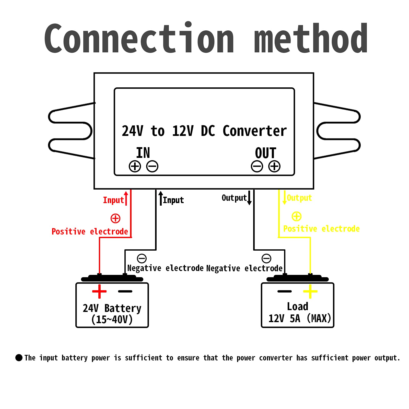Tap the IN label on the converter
pos(143,153)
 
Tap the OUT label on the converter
pos(266,153)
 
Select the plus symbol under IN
pos(135,166)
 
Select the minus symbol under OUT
pos(257,166)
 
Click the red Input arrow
pos(126,198)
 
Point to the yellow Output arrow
pos(285,197)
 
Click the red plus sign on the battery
pos(99,291)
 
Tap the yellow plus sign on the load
pos(310,291)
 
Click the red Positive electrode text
pos(90,231)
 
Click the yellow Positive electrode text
pos(321,229)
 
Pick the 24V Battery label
pos(112,308)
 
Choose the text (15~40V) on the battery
pos(112,319)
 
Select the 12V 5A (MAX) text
pos(300,318)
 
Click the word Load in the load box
pos(298,306)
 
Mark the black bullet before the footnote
pos(19,358)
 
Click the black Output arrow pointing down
pos(249,197)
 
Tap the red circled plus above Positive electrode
pos(115,218)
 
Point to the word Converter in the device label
pos(255,131)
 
